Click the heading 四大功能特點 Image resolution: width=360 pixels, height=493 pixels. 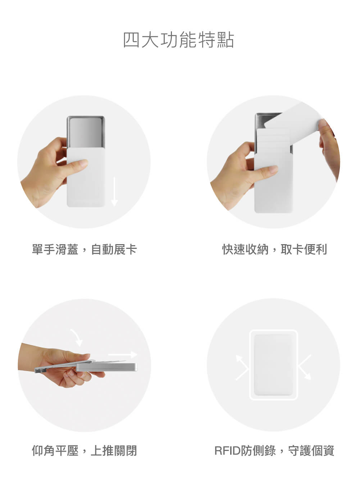tap(179, 40)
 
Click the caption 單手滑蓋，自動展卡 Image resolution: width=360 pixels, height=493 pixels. tap(84, 249)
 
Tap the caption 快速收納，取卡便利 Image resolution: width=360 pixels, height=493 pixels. tap(274, 249)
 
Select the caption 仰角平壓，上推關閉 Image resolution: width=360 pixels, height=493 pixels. tap(84, 450)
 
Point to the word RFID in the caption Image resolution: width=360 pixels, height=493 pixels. tap(228, 451)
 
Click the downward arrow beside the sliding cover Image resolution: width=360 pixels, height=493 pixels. tap(114, 191)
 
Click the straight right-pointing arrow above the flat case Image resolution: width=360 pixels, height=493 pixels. tap(123, 355)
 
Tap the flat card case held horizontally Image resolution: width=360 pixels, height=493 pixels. tap(108, 367)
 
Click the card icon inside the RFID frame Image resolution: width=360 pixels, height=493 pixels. tap(273, 365)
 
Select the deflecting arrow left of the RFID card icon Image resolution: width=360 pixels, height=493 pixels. tap(242, 367)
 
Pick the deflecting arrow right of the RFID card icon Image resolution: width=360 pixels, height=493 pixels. tap(304, 367)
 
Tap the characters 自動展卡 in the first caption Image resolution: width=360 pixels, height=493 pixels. tap(114, 249)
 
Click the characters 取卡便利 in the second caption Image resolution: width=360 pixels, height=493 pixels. tap(304, 249)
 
